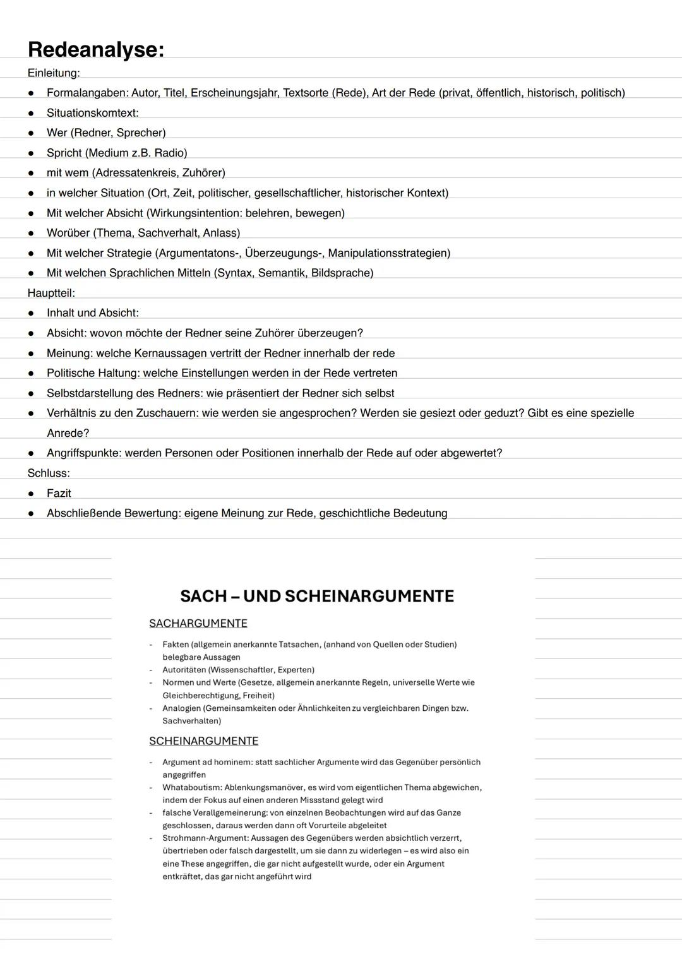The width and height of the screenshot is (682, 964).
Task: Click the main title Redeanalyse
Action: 95,49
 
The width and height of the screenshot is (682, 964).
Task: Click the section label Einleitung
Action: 54,73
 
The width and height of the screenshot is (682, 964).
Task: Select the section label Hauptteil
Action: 51,293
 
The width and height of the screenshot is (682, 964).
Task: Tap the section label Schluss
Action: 49,473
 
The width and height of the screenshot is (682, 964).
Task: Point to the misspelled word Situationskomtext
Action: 92,113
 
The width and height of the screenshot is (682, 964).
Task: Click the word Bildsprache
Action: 341,273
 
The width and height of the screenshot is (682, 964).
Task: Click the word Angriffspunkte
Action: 83,453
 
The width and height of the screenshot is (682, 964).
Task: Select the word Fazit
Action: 59,493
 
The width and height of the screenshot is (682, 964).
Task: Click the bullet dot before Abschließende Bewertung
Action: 30,514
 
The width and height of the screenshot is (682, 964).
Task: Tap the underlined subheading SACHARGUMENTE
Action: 198,624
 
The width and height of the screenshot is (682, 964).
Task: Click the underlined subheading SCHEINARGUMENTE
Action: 204,741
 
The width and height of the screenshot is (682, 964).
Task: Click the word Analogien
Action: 181,708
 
